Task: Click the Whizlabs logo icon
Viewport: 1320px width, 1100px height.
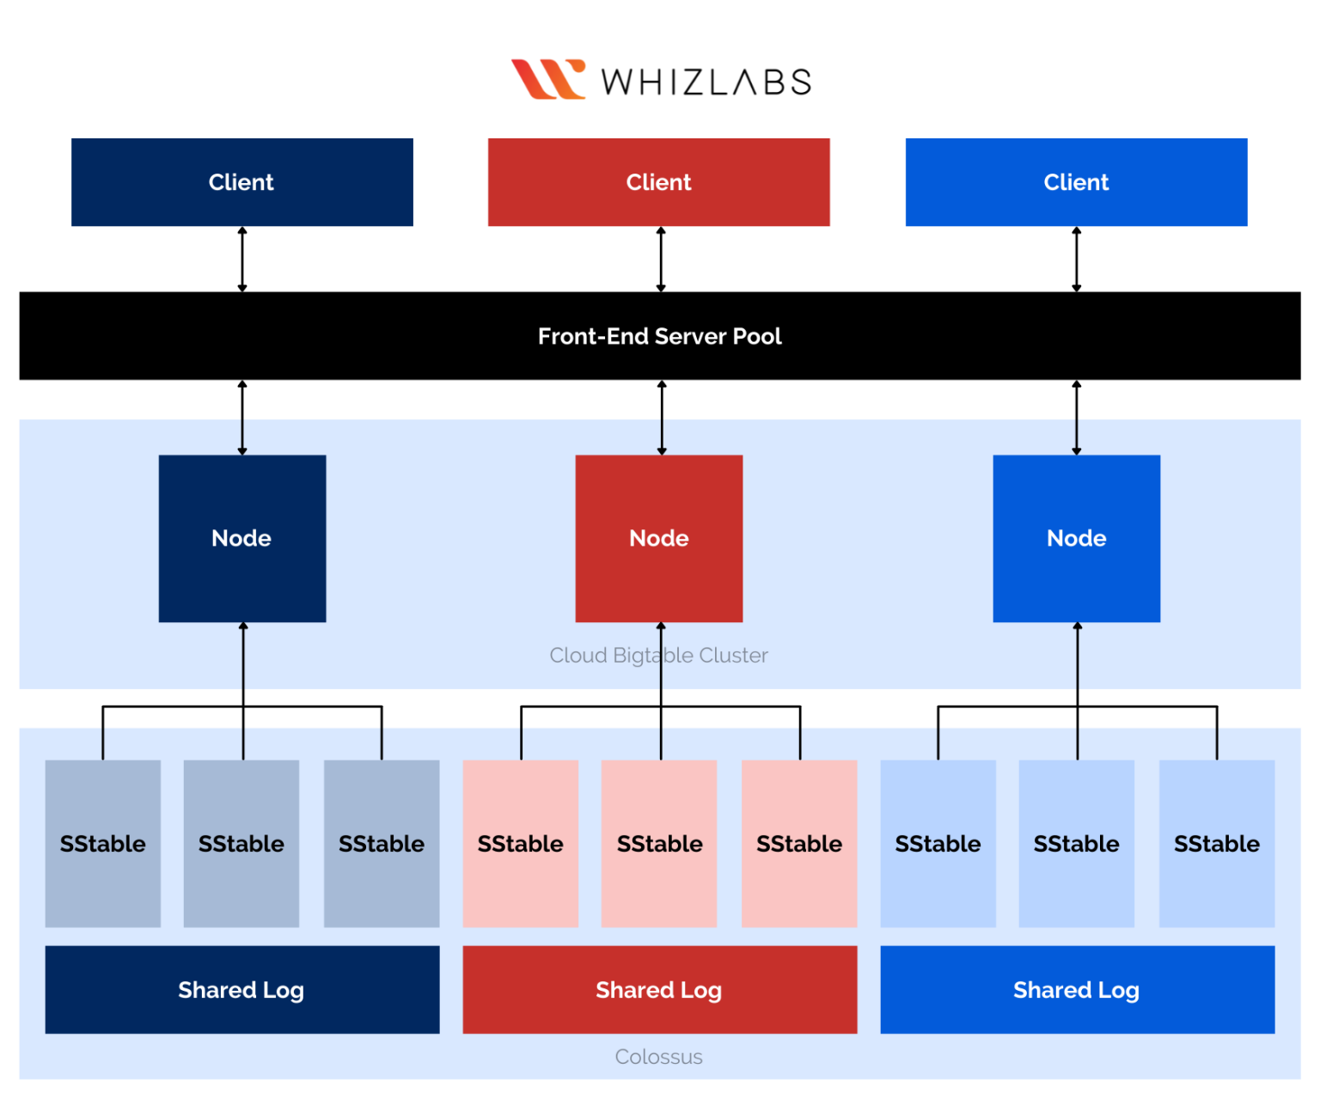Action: (547, 79)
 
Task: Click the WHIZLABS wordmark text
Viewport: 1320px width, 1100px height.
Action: (706, 82)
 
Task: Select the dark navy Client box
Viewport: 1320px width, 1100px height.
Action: (241, 182)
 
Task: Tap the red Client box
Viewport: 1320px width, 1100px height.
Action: (658, 182)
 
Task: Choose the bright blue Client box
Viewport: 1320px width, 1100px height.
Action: (1076, 182)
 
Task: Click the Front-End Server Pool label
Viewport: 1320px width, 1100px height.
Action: (659, 336)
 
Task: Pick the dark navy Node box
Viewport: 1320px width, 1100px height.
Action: (241, 538)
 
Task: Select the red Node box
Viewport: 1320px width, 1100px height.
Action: (658, 538)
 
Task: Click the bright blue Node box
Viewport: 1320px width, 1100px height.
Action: (1076, 538)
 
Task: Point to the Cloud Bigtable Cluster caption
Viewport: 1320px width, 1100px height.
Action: (658, 656)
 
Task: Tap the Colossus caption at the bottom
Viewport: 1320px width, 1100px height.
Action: (658, 1057)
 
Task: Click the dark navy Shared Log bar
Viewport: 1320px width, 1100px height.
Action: (241, 990)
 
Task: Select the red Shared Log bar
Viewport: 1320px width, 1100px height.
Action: (659, 990)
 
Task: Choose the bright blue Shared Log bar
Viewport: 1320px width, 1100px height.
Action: (1077, 990)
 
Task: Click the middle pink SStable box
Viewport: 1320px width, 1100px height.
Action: (659, 843)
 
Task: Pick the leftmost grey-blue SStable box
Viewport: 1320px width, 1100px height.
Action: (102, 843)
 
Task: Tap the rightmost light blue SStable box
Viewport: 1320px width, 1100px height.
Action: (1216, 843)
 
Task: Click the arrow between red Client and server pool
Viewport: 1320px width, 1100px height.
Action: (661, 260)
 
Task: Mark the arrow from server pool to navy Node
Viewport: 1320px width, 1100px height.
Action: (242, 418)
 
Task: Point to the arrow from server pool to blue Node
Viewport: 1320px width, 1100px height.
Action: (1077, 418)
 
